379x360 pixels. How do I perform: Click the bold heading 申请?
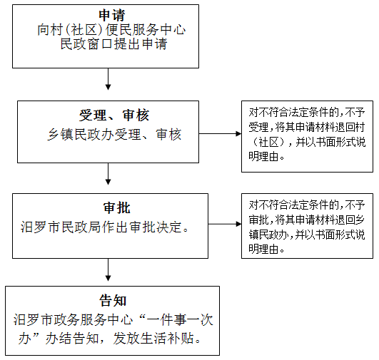[112, 15]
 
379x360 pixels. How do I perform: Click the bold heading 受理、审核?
[114, 115]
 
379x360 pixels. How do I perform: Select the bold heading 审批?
[117, 207]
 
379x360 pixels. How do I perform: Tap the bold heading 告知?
[113, 301]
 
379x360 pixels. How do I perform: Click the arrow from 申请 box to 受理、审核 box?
[108, 79]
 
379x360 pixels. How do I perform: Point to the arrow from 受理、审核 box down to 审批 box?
[108, 174]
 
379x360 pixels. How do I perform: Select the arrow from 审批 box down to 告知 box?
[108, 269]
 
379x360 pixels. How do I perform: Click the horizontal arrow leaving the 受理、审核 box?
[220, 133]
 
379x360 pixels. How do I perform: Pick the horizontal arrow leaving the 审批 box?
[225, 224]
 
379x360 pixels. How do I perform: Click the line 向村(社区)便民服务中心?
[111, 30]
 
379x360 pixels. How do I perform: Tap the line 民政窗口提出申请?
[113, 44]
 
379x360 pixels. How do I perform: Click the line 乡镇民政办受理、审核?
[114, 134]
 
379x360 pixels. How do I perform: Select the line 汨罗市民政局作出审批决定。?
[104, 227]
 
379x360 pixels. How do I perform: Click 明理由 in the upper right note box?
[263, 156]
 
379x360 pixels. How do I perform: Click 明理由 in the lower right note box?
[263, 249]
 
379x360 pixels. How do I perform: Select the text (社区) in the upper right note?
[268, 142]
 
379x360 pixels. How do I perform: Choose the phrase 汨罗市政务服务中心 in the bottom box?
[73, 320]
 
